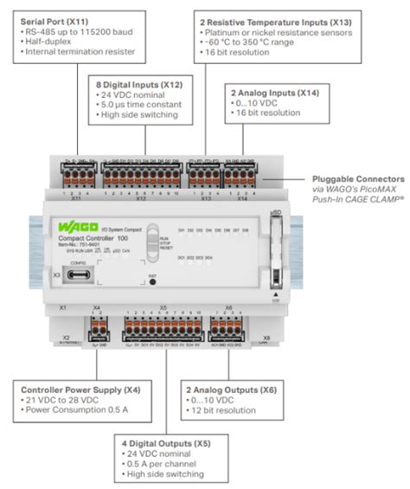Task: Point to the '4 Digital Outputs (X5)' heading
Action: [x=163, y=443]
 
